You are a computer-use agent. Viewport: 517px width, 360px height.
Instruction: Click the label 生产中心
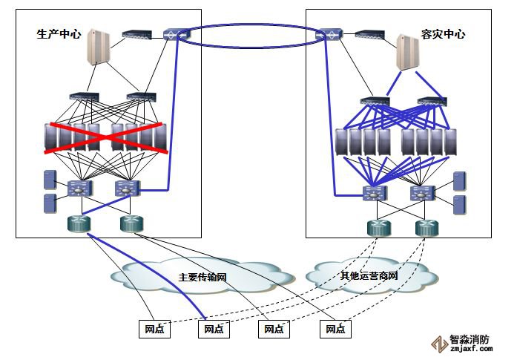pos(59,34)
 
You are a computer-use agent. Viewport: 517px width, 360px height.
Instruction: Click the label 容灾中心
pos(444,34)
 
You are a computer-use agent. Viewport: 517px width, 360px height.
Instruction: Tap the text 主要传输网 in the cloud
pos(202,277)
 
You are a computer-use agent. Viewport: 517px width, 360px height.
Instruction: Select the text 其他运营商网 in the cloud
pos(369,276)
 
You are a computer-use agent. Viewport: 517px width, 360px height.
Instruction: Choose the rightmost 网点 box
pos(335,328)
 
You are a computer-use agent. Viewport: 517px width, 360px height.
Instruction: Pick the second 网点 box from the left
pos(214,328)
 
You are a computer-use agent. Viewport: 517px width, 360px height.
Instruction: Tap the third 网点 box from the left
pos(274,328)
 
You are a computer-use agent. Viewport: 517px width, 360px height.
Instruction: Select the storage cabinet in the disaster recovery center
pos(406,50)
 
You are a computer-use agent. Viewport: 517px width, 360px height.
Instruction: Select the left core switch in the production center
pos(78,189)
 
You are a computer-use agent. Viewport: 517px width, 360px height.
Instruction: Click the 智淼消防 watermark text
pos(470,340)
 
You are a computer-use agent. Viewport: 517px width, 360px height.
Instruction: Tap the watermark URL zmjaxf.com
pos(471,349)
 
